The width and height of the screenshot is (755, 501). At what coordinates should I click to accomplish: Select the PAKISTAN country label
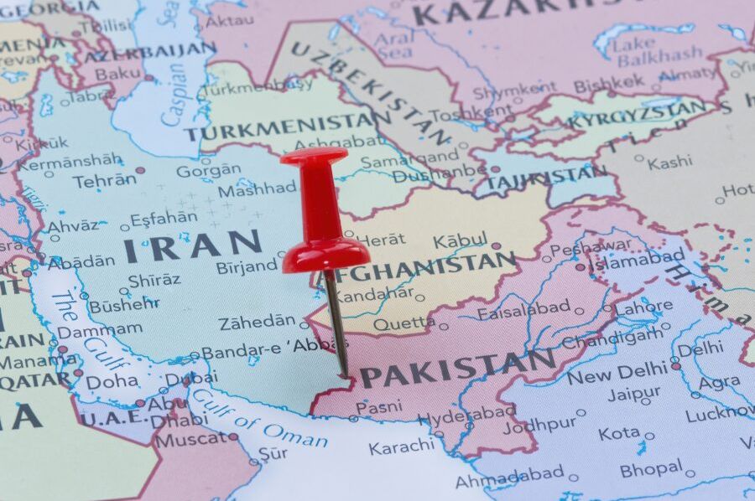pyautogui.click(x=458, y=369)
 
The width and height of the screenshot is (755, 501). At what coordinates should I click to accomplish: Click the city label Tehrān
pyautogui.click(x=104, y=180)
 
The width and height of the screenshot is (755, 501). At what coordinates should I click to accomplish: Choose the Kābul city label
pyautogui.click(x=460, y=241)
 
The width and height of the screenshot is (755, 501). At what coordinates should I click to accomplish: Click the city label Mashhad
pyautogui.click(x=257, y=189)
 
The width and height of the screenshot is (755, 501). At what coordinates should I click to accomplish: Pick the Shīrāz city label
pyautogui.click(x=154, y=280)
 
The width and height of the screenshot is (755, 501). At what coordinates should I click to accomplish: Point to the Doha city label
pyautogui.click(x=112, y=381)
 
